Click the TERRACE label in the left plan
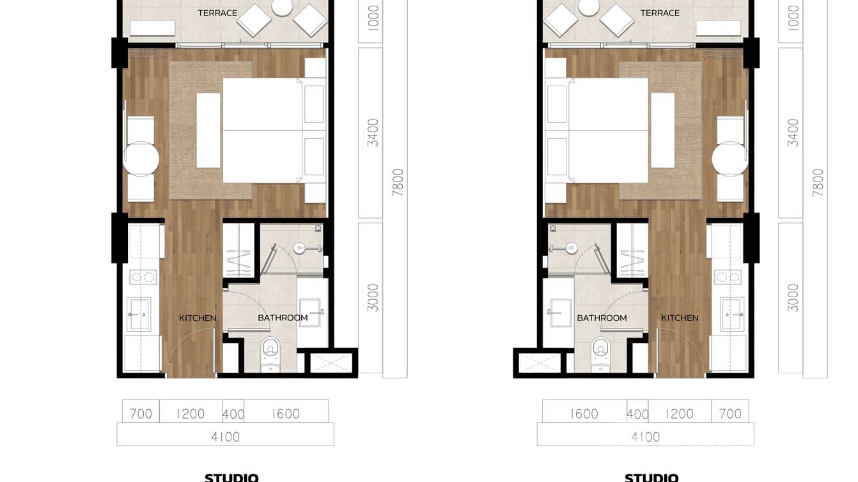(x=217, y=13)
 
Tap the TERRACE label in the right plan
(x=660, y=13)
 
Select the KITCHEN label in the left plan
(x=198, y=318)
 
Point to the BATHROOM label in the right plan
(x=602, y=318)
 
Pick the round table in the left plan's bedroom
(x=141, y=159)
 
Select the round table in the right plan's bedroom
(x=729, y=159)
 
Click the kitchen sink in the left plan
(x=139, y=314)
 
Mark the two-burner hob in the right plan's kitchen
(x=728, y=277)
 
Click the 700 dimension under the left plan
(x=141, y=414)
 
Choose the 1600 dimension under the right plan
(x=584, y=414)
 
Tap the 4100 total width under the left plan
(x=225, y=437)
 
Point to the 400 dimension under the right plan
(x=637, y=414)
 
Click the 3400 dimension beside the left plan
(x=373, y=132)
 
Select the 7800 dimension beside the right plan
(x=818, y=182)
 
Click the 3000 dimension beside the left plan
(x=373, y=297)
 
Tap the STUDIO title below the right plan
(x=651, y=478)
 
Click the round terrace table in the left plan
(x=282, y=6)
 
